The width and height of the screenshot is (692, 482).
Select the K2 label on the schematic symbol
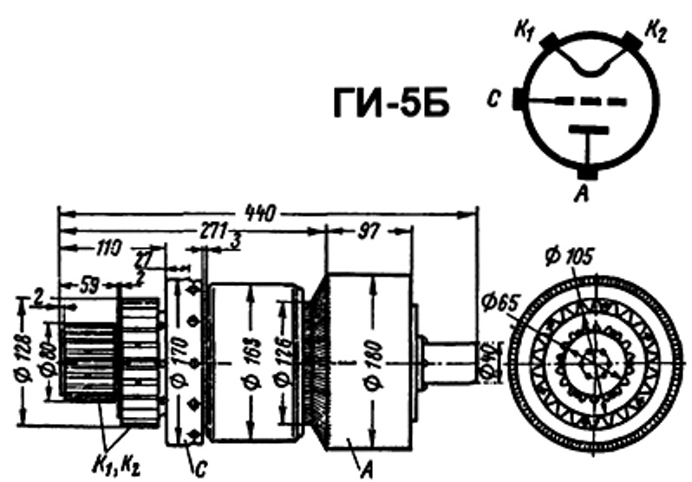655,34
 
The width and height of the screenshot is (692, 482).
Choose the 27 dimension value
143,258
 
